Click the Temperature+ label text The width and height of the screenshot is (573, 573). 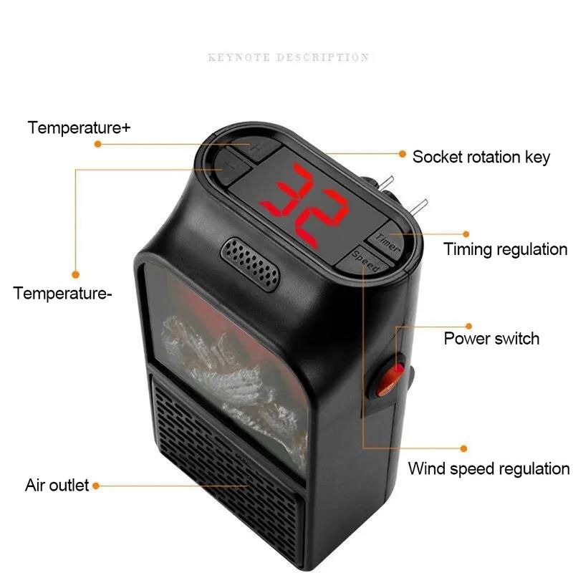tap(79, 127)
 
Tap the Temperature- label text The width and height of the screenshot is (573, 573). tap(62, 294)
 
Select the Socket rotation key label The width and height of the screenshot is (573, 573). tap(481, 157)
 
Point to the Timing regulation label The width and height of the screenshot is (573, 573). tap(506, 249)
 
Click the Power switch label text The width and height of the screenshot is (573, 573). tap(491, 338)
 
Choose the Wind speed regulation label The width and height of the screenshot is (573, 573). tap(489, 468)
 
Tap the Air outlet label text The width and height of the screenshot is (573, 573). tap(57, 486)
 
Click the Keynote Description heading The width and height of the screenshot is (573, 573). tap(289, 57)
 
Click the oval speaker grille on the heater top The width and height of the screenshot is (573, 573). tap(250, 264)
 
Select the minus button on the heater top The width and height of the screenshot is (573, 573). tap(232, 168)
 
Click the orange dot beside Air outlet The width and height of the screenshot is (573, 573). tap(96, 486)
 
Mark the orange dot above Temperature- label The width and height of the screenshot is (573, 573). tap(76, 274)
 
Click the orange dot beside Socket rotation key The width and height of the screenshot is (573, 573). tap(403, 154)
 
